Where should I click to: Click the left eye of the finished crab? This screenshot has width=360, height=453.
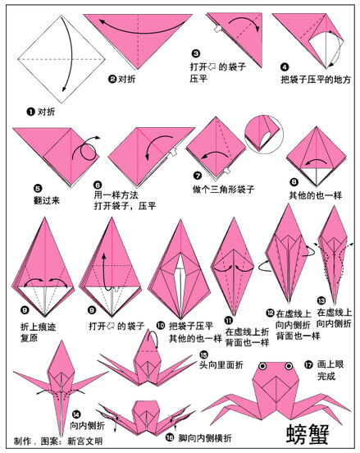(262, 366)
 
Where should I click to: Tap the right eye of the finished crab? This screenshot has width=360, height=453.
(289, 366)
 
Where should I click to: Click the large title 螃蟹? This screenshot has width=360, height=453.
(308, 434)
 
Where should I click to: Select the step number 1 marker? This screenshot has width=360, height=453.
(30, 112)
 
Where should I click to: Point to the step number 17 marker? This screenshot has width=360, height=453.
(308, 364)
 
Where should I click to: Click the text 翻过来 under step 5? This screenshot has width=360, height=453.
(47, 200)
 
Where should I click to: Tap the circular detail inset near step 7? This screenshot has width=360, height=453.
(263, 135)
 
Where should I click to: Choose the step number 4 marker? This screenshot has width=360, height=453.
(285, 67)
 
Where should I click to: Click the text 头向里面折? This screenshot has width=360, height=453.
(221, 364)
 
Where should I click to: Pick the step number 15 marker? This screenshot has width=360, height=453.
(203, 355)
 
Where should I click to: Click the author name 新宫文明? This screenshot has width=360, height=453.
(85, 441)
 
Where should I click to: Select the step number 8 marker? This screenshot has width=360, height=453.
(294, 181)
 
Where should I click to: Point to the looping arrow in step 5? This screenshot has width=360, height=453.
(86, 150)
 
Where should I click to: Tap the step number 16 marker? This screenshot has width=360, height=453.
(170, 437)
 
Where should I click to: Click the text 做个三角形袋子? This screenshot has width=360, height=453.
(224, 190)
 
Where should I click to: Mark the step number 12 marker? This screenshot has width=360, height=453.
(270, 313)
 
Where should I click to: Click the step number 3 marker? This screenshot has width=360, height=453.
(196, 53)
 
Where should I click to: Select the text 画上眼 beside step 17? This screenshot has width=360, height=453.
(330, 364)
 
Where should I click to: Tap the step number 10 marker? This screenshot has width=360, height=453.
(161, 326)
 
